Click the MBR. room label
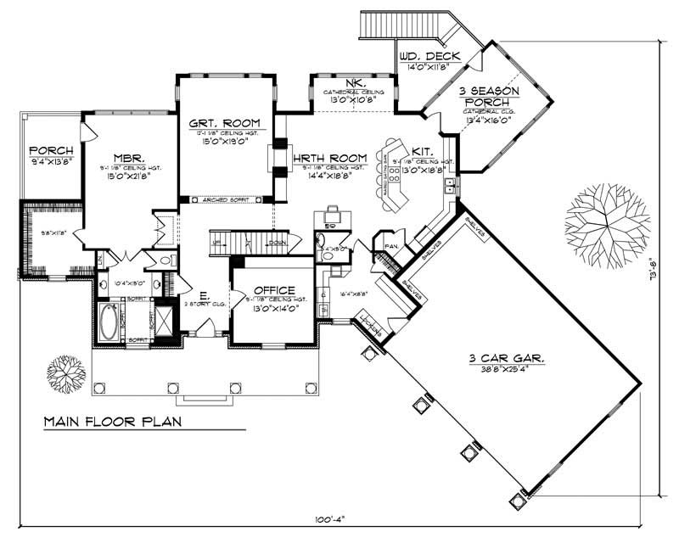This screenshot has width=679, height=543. tap(131, 158)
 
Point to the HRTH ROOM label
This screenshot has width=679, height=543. tap(330, 158)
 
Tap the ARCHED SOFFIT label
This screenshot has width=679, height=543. tap(225, 200)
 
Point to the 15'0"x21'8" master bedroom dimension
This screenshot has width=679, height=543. tap(131, 176)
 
